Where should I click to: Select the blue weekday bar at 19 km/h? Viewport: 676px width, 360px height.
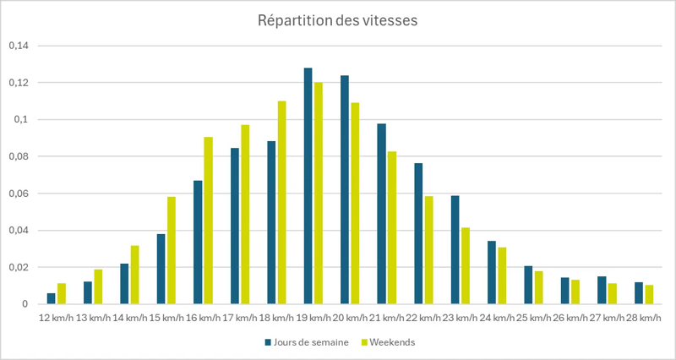pos(308,186)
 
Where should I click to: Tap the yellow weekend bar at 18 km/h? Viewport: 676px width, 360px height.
pos(282,203)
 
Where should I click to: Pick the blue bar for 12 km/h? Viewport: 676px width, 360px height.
pos(51,299)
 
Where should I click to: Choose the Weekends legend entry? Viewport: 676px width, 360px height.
pos(389,342)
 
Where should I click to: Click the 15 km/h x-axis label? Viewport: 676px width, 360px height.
pos(166,318)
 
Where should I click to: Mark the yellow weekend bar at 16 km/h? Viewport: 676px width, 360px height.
pos(209,221)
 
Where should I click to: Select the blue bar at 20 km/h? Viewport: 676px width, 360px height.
pos(345,190)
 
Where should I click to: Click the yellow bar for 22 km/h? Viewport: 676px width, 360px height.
pos(429,250)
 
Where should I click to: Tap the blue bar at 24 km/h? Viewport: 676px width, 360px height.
pos(492,273)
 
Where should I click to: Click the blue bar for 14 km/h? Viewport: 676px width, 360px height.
pos(124,284)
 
